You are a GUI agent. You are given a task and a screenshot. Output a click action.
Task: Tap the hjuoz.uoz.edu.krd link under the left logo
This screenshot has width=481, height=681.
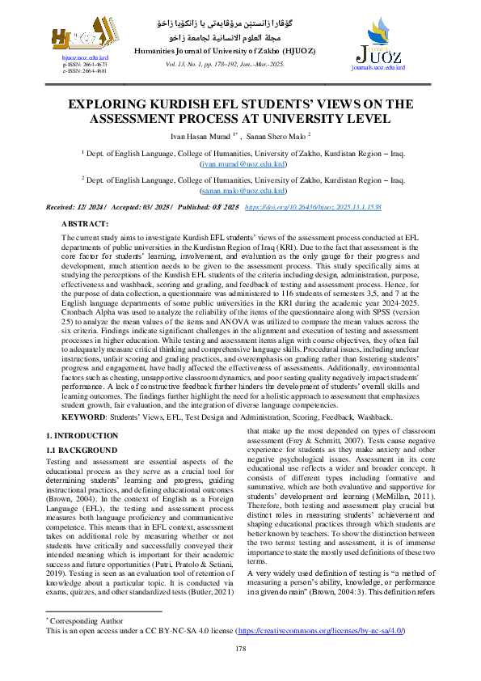tap(74, 59)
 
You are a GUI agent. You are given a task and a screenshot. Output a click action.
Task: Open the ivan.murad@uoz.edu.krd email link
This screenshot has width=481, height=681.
tap(240, 163)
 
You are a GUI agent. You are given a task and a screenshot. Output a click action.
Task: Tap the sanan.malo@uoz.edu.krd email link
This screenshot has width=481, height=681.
tap(240, 191)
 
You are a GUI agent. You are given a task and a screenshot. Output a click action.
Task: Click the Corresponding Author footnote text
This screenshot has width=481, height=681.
tap(81, 620)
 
